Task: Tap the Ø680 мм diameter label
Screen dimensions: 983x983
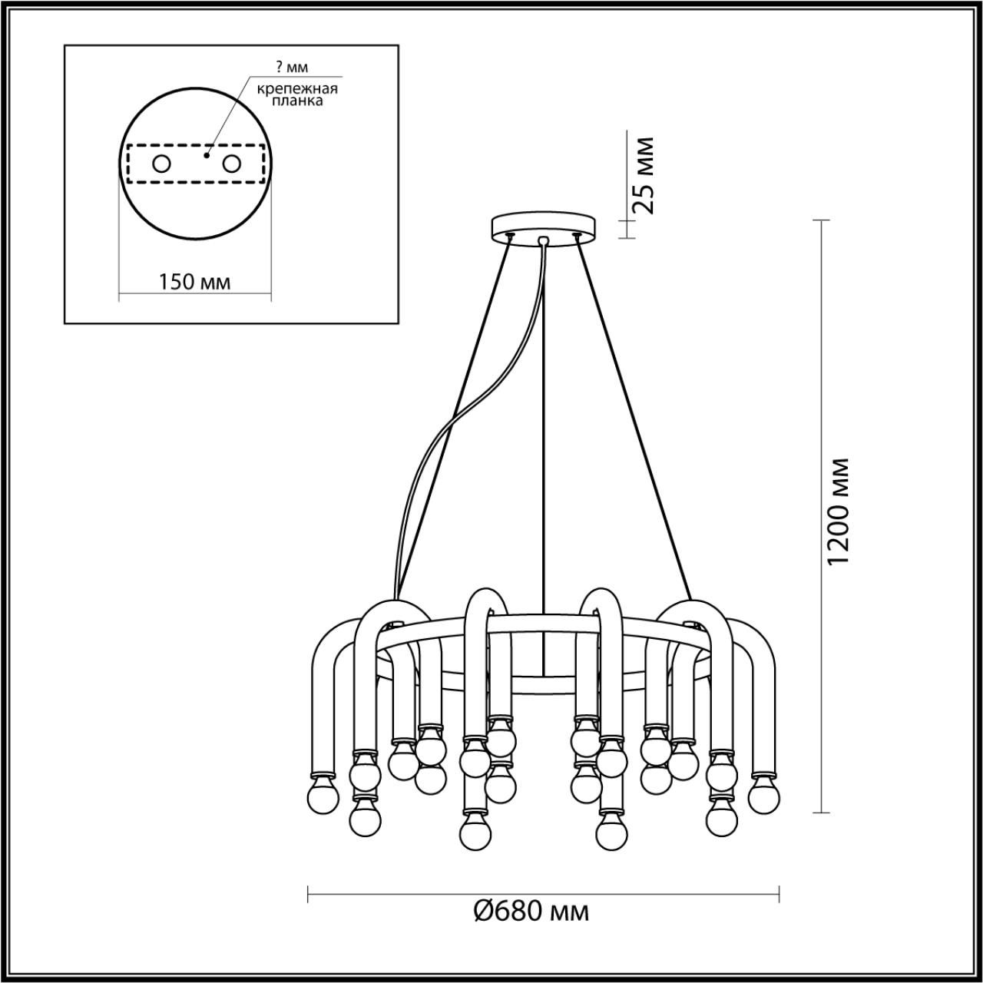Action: tap(531, 912)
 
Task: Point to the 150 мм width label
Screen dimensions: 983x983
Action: tap(194, 282)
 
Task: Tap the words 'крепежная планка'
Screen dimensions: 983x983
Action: tap(297, 94)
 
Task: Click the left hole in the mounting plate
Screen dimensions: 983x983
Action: tap(162, 163)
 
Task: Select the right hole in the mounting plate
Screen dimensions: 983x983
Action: tap(231, 163)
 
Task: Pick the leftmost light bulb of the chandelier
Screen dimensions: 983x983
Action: tap(323, 797)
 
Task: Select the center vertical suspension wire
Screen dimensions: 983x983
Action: tap(543, 461)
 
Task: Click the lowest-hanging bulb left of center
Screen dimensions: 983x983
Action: tap(476, 829)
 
